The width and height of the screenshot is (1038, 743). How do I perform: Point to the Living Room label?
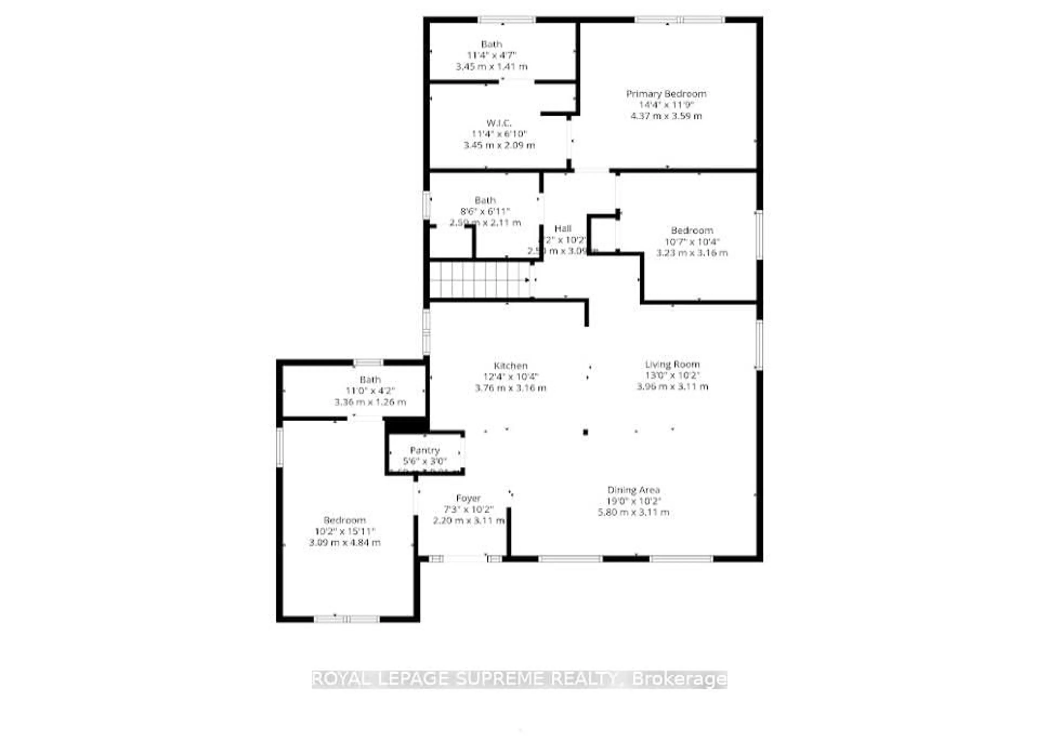pos(672,364)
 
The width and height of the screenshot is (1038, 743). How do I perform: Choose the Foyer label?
pos(468,498)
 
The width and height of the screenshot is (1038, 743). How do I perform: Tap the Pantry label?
pos(424,450)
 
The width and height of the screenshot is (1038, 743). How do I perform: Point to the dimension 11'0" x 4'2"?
pos(370,391)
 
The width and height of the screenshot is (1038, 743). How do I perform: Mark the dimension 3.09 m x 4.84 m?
pos(345,543)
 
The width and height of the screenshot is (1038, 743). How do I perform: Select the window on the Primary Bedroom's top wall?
pos(679,20)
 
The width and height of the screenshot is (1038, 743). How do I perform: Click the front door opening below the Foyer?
pos(465,558)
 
